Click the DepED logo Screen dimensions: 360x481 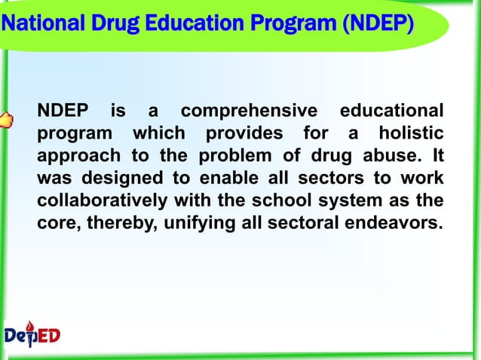coord(32,334)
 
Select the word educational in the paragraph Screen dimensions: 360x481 coord(391,112)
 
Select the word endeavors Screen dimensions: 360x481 coord(392,224)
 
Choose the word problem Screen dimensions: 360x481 coord(274,157)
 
